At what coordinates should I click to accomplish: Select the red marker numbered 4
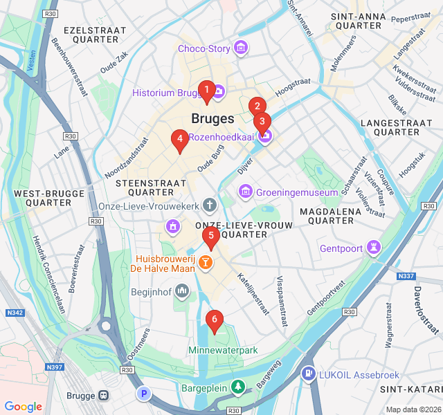point(180,140)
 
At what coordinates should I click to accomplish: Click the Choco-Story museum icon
point(241,48)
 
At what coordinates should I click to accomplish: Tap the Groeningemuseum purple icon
point(245,191)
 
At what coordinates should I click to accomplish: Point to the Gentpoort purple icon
point(374,248)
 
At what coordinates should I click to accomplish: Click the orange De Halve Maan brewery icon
point(205,262)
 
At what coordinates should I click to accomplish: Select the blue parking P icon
point(143,394)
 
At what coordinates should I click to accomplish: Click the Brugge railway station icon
point(103,396)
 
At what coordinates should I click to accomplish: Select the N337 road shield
point(406,276)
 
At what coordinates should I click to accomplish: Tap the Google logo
point(24,407)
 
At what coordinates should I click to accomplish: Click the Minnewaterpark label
point(223,351)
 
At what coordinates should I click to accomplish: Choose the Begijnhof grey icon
point(182,291)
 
